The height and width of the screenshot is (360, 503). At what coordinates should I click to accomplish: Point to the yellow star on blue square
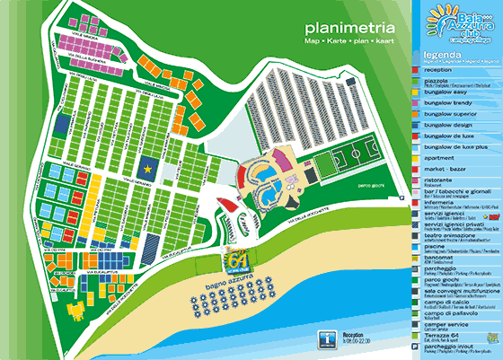[147, 168]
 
